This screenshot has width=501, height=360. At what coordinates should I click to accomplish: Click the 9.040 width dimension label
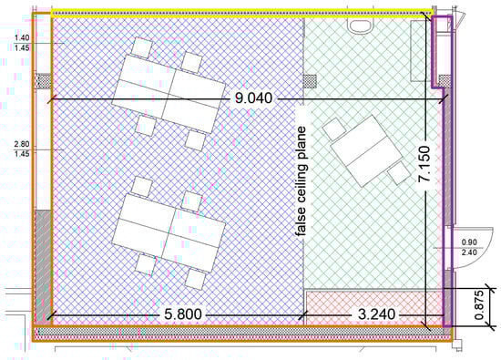(x=254, y=98)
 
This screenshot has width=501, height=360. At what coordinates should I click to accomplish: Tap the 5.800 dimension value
(x=183, y=314)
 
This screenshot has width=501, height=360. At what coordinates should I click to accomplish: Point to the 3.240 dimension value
(x=376, y=314)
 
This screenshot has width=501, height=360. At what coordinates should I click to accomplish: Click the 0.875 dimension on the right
(x=479, y=305)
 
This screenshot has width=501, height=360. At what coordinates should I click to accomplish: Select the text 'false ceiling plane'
(x=301, y=181)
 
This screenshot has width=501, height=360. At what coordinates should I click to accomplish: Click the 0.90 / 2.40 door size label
(x=469, y=248)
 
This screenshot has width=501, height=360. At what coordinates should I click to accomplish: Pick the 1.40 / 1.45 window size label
(x=22, y=43)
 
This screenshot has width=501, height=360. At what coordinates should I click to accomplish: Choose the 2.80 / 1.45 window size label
(x=22, y=149)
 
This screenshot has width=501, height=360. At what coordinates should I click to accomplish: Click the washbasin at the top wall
(x=360, y=25)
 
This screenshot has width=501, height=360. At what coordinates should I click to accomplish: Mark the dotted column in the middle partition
(x=310, y=81)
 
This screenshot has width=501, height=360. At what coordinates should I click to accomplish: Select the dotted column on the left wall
(x=45, y=81)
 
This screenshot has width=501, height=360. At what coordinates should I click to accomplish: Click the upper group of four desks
(x=169, y=94)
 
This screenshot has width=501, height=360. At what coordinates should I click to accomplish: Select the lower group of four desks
(x=169, y=232)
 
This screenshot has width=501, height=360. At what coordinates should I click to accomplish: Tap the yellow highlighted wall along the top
(x=242, y=13)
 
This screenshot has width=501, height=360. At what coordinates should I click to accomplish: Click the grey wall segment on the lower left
(x=43, y=266)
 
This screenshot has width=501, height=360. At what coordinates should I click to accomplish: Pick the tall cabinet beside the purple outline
(x=420, y=50)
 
